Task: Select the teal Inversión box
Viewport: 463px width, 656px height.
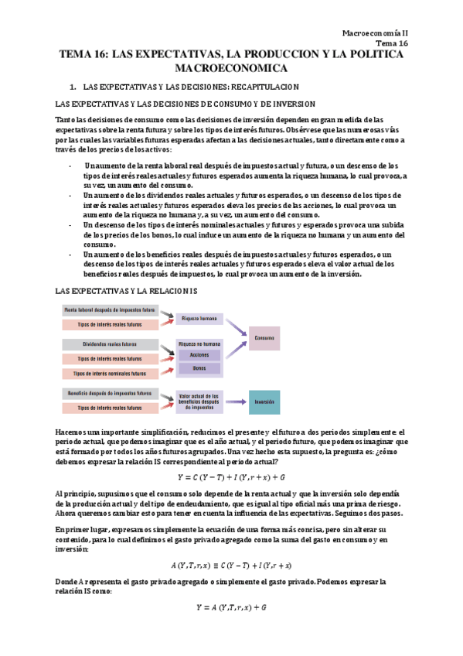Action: [x=264, y=401]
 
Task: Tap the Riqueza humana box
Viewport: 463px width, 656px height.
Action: [x=199, y=318]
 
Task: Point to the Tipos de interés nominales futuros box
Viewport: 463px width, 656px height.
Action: [x=110, y=374]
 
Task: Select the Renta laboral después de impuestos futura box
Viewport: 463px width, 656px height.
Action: [x=110, y=309]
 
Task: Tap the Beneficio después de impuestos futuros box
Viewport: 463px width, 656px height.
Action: [x=110, y=393]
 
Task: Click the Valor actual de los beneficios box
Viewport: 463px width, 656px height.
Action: [x=199, y=399]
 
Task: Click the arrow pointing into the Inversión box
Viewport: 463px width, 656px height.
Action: [x=237, y=401]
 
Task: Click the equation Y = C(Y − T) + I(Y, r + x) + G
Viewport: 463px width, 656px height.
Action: [x=231, y=477]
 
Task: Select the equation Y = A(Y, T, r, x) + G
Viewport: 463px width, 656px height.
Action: [x=231, y=608]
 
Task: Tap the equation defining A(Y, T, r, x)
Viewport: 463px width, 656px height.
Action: [x=231, y=565]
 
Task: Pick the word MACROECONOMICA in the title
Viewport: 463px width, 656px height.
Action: [x=231, y=69]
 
